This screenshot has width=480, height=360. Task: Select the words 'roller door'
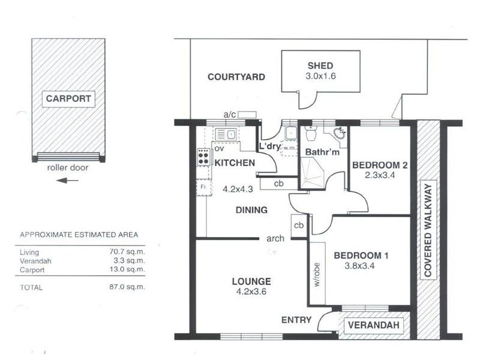pyautogui.click(x=67, y=168)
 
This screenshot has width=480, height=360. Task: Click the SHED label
pyautogui.click(x=320, y=66)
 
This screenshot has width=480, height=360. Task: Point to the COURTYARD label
pyautogui.click(x=236, y=77)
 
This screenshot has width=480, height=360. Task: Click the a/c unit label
pyautogui.click(x=230, y=115)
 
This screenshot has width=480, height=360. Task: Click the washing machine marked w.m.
pyautogui.click(x=289, y=148)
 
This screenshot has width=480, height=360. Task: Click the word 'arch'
pyautogui.click(x=275, y=238)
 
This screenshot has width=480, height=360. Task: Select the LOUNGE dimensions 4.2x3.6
pyautogui.click(x=251, y=292)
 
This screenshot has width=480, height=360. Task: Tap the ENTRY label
pyautogui.click(x=296, y=320)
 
